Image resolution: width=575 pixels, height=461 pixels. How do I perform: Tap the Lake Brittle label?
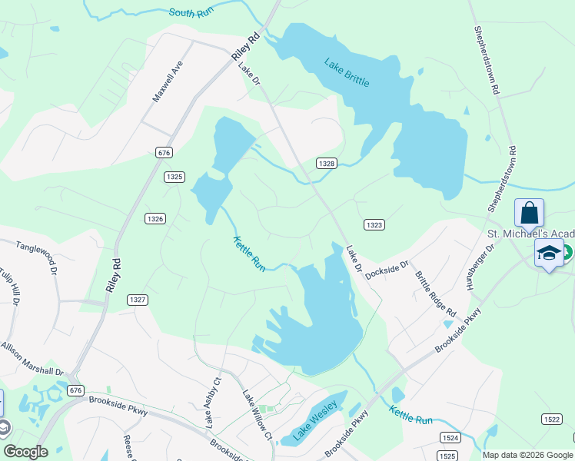pyautogui.click(x=346, y=72)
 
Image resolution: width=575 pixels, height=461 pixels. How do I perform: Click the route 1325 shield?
pyautogui.click(x=174, y=177)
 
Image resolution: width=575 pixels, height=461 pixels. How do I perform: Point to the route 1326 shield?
pyautogui.click(x=155, y=219)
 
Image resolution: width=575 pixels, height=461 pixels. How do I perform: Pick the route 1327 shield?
pyautogui.click(x=138, y=299)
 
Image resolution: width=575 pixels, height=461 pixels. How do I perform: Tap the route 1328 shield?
pyautogui.click(x=327, y=164)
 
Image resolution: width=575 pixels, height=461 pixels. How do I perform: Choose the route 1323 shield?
pyautogui.click(x=374, y=225)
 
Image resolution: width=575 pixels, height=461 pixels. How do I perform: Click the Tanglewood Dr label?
pyautogui.click(x=37, y=255)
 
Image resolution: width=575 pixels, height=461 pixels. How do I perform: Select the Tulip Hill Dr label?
pyautogui.click(x=12, y=295)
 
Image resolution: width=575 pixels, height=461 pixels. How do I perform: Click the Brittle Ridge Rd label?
pyautogui.click(x=436, y=294)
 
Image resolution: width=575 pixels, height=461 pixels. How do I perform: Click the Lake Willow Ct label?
pyautogui.click(x=258, y=416)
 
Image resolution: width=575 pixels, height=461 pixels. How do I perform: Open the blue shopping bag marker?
pyautogui.click(x=529, y=213)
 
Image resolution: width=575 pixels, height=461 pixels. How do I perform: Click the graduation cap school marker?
pyautogui.click(x=549, y=254)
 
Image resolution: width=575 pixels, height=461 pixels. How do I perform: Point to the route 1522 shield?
pyautogui.click(x=550, y=419)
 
